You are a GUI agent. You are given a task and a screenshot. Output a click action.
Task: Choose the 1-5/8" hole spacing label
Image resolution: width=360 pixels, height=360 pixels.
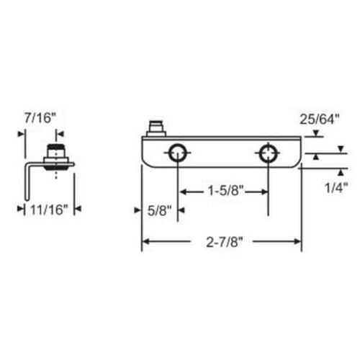point(224,192)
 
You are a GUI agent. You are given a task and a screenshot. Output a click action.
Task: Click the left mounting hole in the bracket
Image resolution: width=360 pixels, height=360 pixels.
point(177,153)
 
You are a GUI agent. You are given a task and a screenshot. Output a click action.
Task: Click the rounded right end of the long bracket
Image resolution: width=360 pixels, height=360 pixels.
point(295,153)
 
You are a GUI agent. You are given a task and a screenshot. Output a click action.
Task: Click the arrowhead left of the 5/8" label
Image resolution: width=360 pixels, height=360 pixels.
point(137,210)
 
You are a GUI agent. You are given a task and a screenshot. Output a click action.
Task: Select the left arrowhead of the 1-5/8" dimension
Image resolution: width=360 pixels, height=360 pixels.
point(183,192)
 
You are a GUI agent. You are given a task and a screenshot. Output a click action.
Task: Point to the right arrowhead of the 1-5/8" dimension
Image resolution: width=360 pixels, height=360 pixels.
point(265,192)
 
